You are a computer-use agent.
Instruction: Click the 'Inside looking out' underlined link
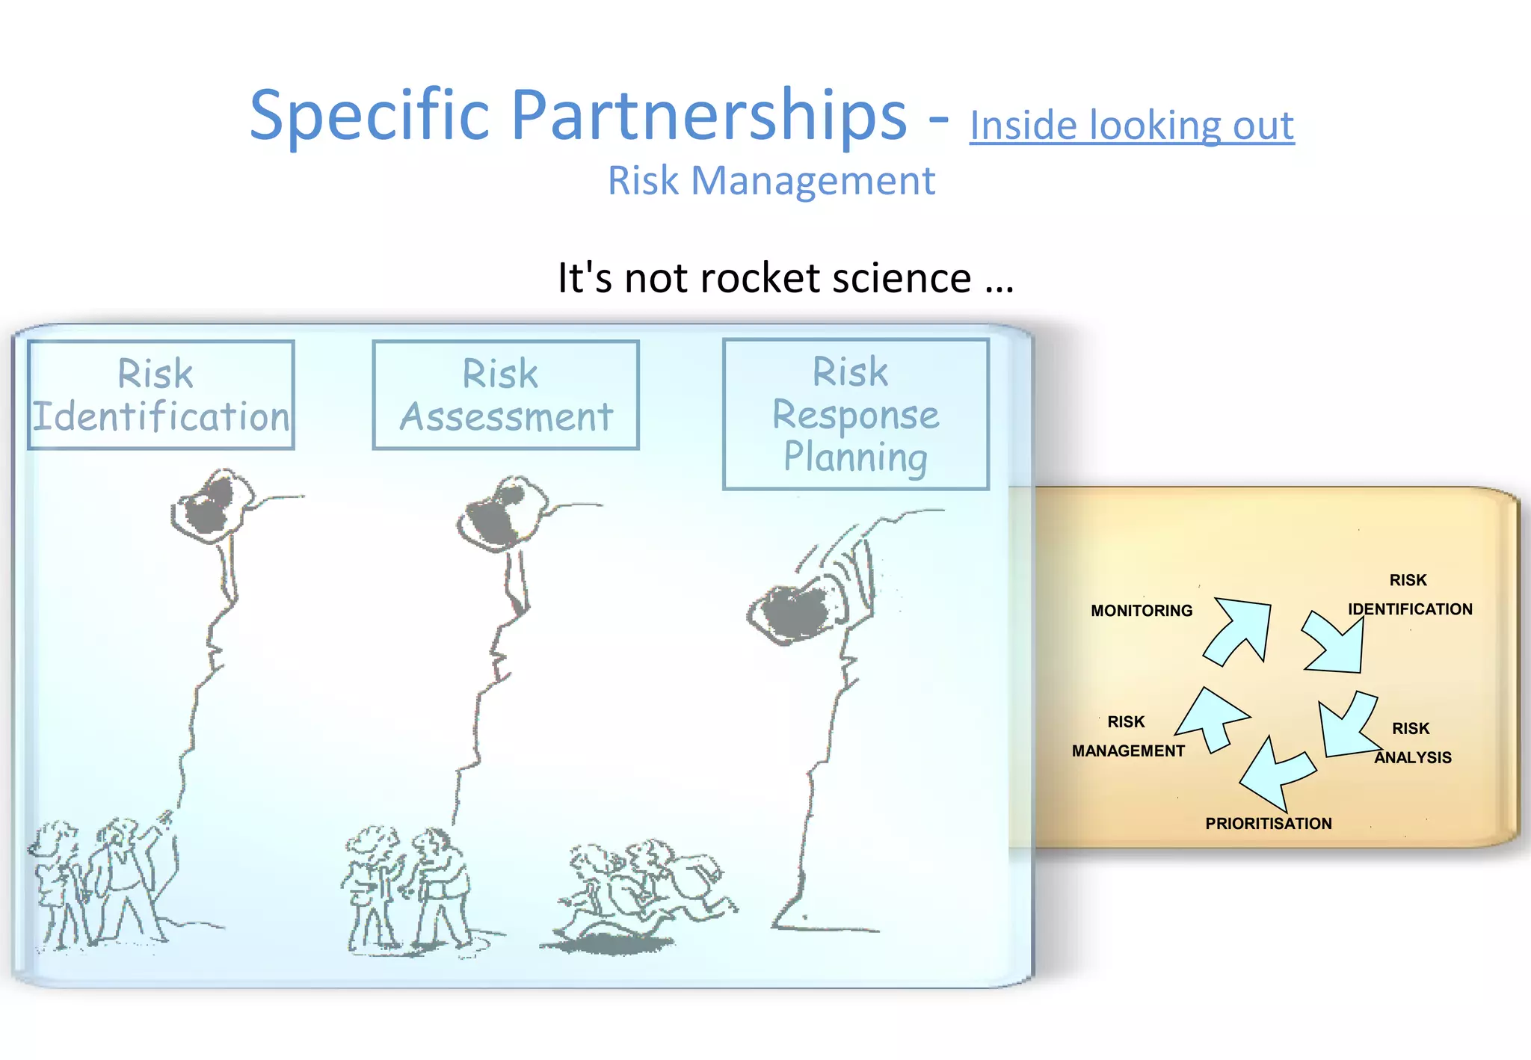[1131, 125]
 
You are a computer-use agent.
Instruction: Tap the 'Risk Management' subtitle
[771, 181]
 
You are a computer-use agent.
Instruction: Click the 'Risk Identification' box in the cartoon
[161, 395]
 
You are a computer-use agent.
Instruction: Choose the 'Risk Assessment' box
[505, 395]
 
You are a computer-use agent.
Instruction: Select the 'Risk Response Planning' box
[855, 414]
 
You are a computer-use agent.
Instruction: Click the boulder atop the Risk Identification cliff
[211, 505]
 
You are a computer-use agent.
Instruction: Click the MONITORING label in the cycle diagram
[1141, 611]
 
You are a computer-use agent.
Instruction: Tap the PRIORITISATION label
[1268, 824]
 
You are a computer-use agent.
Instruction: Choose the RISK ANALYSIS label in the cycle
[1411, 743]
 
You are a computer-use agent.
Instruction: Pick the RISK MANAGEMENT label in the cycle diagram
[1127, 736]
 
